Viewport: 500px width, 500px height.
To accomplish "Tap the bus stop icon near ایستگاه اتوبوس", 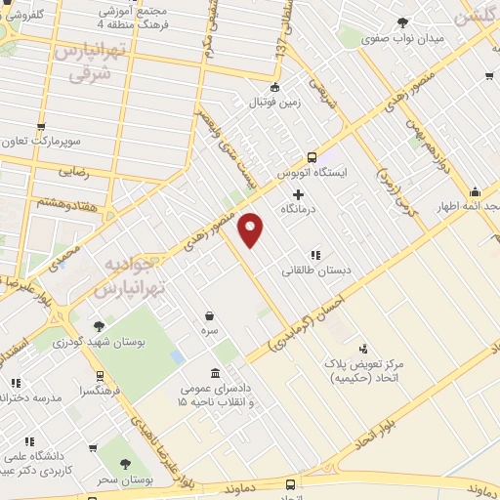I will pos(312,157).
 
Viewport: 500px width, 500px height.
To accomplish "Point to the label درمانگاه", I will pos(299,210).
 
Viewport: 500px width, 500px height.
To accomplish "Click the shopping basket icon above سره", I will pos(211,315).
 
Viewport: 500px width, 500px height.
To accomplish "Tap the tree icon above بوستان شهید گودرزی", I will pos(98,326).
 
